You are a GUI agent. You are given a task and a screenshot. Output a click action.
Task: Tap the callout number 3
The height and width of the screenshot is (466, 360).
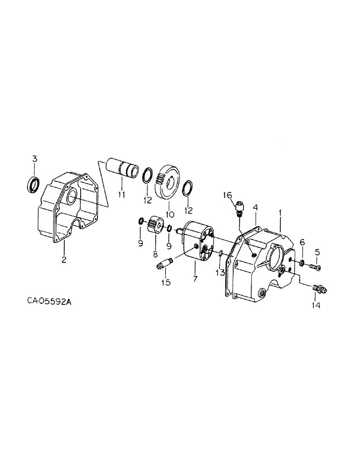click(34, 160)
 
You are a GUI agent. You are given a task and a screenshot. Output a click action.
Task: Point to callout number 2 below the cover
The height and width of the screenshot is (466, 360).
click(64, 259)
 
